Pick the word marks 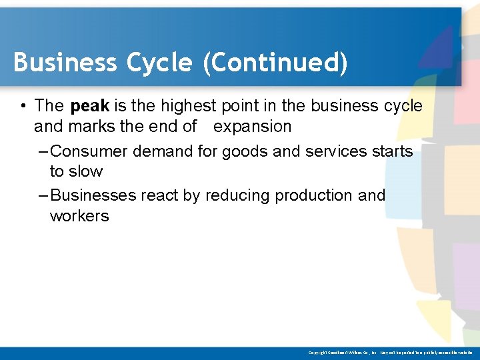[85, 126]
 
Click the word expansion [252, 126]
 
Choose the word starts [392, 151]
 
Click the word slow [86, 171]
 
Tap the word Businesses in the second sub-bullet [93, 196]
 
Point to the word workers [79, 216]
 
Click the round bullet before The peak [23, 107]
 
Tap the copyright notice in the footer [390, 352]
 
